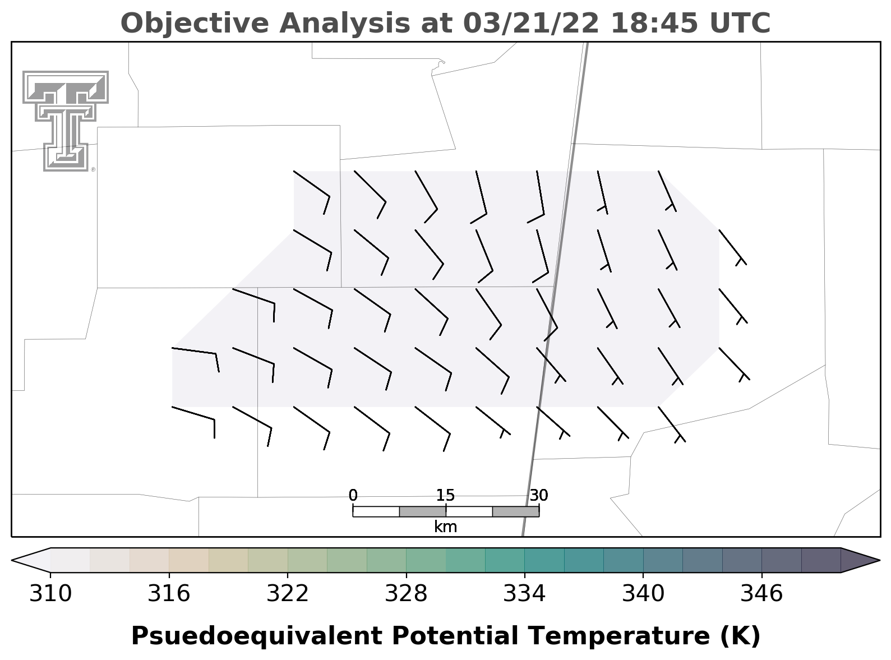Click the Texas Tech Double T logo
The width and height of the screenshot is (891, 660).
pos(66,121)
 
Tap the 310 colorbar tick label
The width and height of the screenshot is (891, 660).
pos(50,594)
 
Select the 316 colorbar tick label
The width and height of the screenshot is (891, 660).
pos(169,594)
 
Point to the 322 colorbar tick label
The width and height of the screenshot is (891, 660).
pos(288,594)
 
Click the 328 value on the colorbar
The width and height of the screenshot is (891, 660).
pos(406,594)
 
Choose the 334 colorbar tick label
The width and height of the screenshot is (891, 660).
pos(525,594)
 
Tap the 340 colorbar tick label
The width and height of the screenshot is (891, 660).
pos(643,594)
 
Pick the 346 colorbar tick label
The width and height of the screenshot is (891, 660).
pos(761,594)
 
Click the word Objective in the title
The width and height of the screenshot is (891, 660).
pos(195,24)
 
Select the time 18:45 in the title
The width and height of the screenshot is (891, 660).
pos(654,24)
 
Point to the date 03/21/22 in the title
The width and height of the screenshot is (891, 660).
pos(531,24)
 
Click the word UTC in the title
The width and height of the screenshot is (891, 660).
pos(740,24)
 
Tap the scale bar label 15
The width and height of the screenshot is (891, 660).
pos(445,495)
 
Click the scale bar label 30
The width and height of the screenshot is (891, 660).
pos(539,495)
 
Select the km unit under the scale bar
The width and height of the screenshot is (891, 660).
pos(445,527)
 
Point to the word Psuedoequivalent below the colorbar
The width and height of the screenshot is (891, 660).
pos(257,636)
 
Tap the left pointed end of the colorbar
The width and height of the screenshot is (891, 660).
pos(12,560)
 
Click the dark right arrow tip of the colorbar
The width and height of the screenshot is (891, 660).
pos(879,560)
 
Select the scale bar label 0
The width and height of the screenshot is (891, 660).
pos(353,495)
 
